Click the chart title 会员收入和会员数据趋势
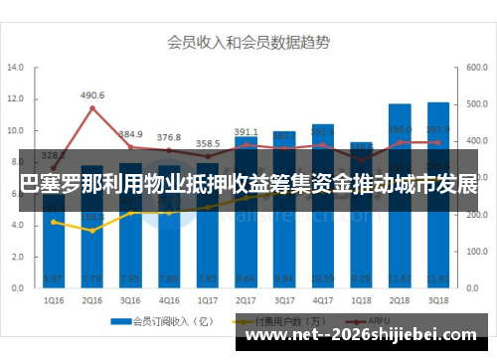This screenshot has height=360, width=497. tap(248, 43)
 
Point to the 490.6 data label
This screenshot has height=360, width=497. tap(92, 95)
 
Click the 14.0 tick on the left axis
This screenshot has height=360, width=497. tap(16, 68)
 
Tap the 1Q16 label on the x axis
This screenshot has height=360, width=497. tap(54, 298)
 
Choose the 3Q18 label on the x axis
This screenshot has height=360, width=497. tap(437, 298)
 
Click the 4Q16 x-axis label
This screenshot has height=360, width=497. tap(169, 298)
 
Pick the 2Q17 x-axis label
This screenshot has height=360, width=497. tap(246, 298)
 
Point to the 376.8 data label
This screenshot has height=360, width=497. tap(169, 137)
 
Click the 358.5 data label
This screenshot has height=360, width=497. tap(208, 143)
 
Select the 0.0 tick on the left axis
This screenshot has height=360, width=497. tap(16, 287)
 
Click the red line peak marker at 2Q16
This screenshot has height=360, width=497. tap(92, 107)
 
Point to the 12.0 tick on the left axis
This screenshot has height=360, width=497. tap(16, 99)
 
